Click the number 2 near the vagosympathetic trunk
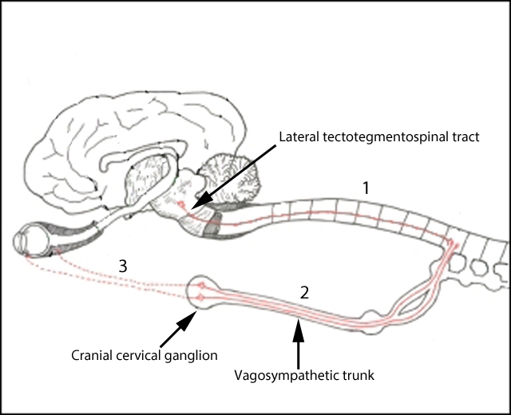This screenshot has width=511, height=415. click(303, 292)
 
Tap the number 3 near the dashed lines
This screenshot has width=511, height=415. click(123, 267)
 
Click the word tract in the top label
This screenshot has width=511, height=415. click(462, 137)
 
